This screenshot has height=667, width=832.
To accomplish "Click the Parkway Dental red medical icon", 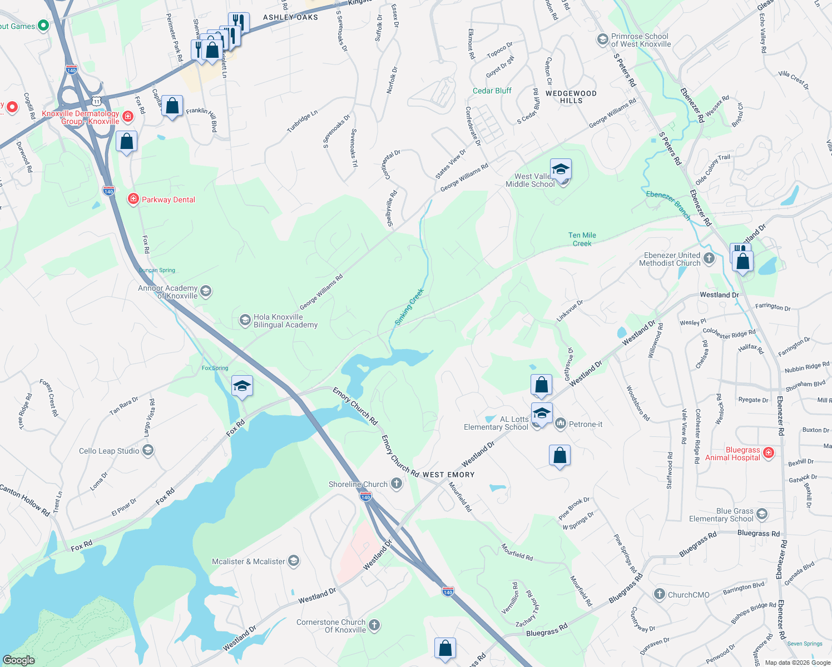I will click(x=133, y=200).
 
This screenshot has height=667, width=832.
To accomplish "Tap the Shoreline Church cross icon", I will click(x=397, y=484).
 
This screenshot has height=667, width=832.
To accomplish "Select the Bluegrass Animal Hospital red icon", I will click(x=769, y=453).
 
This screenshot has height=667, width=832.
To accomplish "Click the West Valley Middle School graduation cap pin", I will click(x=561, y=169).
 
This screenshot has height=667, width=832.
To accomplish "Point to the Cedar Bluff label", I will click(x=492, y=91).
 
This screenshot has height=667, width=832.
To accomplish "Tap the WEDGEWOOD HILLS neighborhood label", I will click(x=571, y=97).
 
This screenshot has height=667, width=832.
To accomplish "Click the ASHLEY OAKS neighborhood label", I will click(x=290, y=17).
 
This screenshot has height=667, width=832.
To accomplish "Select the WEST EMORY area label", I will click(x=448, y=475).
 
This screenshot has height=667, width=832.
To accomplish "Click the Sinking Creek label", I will click(x=409, y=306).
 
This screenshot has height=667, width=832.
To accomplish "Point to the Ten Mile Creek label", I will click(x=582, y=239).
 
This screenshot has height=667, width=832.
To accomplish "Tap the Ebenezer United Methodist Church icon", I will click(x=709, y=258).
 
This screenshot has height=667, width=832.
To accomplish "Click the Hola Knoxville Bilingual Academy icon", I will click(x=245, y=320).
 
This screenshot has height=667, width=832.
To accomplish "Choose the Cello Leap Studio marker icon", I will click(x=148, y=450).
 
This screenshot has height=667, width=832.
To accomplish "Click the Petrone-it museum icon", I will click(x=560, y=424).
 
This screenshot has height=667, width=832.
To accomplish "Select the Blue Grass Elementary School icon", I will click(x=762, y=514).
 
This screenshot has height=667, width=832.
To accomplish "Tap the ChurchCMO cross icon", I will click(x=659, y=594).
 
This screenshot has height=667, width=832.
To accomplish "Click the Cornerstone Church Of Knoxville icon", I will click(x=374, y=625).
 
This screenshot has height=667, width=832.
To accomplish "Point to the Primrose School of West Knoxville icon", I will click(x=602, y=39).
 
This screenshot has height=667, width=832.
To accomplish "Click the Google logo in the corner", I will click(x=18, y=660).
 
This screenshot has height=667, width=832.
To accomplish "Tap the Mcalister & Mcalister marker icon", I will click(x=294, y=561).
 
